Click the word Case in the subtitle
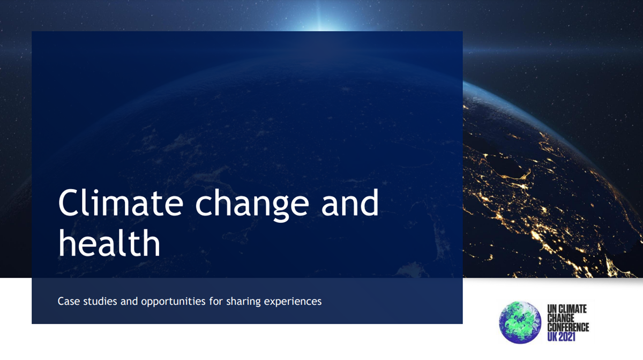(x=68, y=301)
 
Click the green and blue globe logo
(x=520, y=321)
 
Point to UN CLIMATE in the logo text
(x=567, y=309)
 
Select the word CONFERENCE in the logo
(x=568, y=327)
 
